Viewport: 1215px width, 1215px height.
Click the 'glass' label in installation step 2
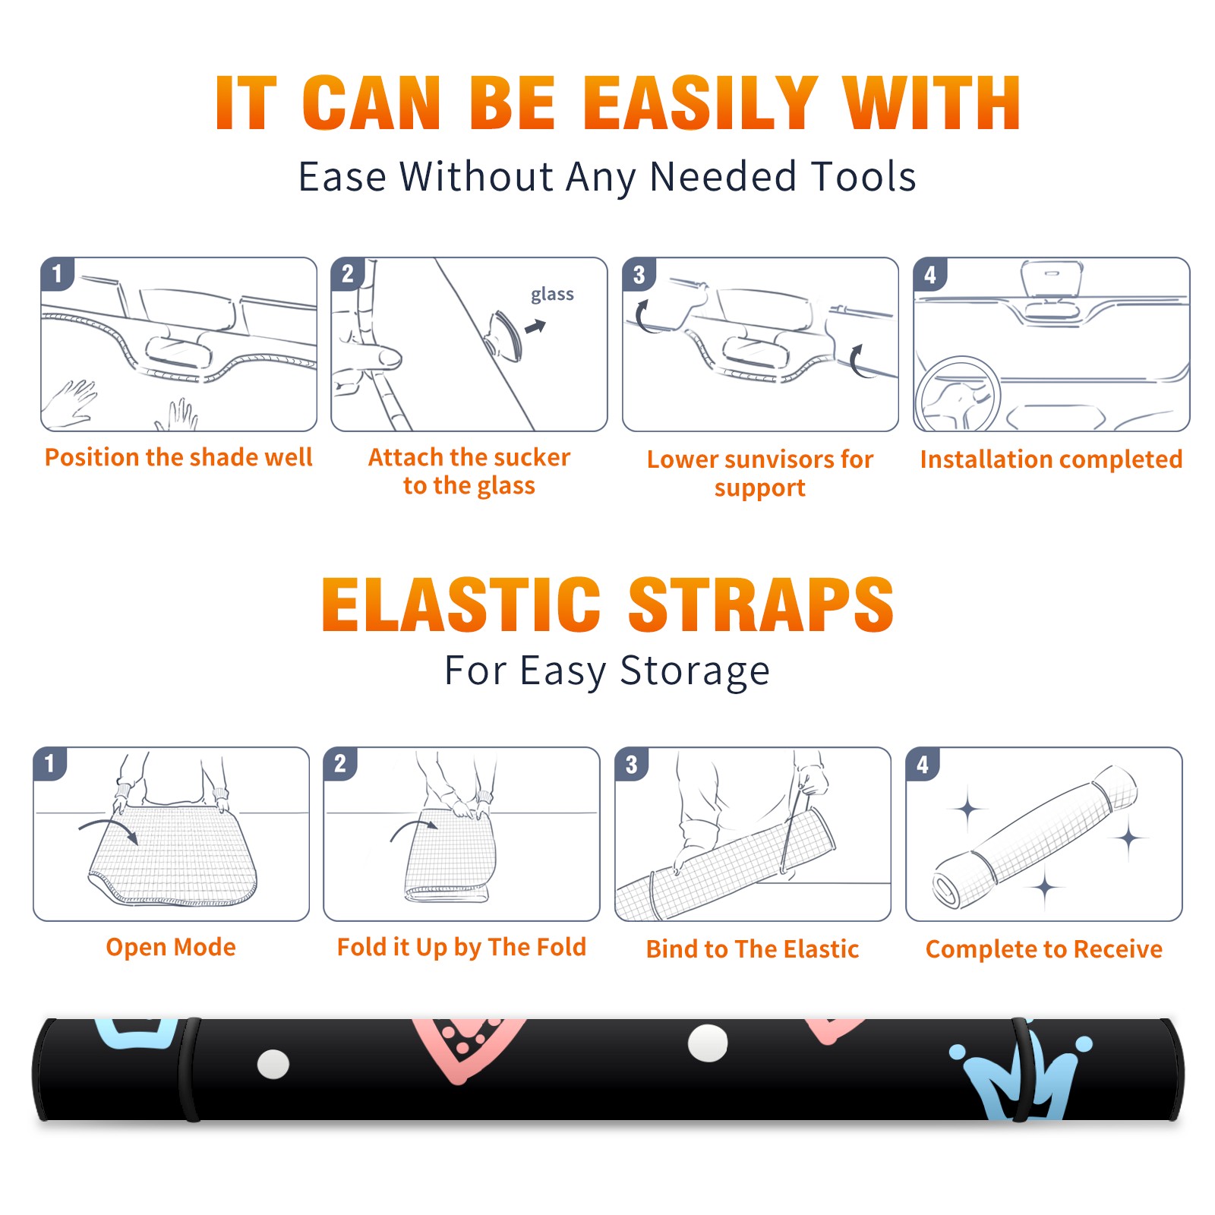[552, 295]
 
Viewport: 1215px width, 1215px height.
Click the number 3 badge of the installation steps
[639, 274]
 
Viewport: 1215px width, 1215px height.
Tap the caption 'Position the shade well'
[178, 457]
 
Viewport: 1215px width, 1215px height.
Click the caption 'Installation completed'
[1051, 459]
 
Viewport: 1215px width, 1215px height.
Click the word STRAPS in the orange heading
[761, 604]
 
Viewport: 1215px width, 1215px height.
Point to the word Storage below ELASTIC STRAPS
[695, 671]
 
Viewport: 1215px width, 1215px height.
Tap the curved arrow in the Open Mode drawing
[109, 830]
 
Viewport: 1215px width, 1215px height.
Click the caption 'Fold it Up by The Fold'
[462, 948]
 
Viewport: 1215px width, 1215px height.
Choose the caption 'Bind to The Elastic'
[753, 949]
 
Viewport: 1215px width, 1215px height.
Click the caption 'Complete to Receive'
[1044, 949]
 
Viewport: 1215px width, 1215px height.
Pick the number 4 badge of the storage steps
[923, 764]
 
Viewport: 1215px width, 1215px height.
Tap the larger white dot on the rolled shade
[708, 1043]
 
